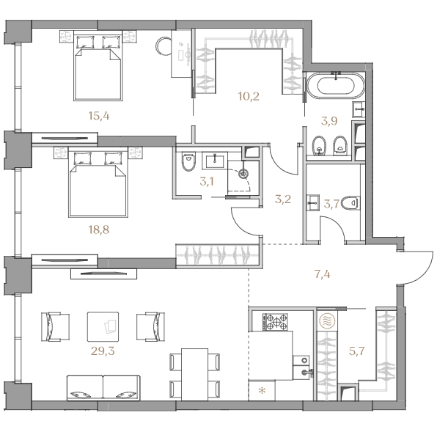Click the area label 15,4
click(99, 116)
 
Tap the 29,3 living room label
click(103, 351)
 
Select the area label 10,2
click(249, 97)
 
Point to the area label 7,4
click(322, 274)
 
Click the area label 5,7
click(357, 351)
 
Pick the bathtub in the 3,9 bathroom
click(335, 85)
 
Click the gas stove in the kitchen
click(275, 322)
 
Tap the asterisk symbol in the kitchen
click(262, 391)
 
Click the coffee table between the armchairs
click(103, 326)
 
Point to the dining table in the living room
click(194, 374)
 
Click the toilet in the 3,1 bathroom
click(188, 161)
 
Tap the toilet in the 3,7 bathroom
click(350, 202)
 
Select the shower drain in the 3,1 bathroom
click(243, 174)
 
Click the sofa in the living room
click(103, 388)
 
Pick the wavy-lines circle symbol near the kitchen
click(326, 321)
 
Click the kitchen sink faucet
click(308, 371)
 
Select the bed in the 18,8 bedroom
click(98, 184)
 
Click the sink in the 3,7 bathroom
click(312, 202)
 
